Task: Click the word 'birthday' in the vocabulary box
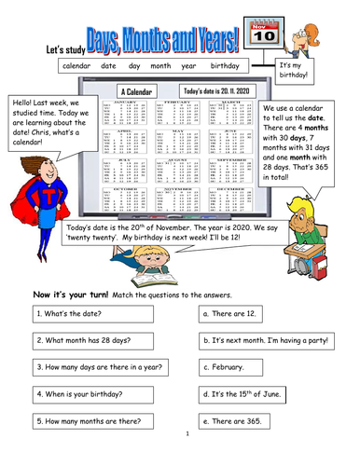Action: (x=225, y=67)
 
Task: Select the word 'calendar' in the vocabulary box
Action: (x=80, y=67)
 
